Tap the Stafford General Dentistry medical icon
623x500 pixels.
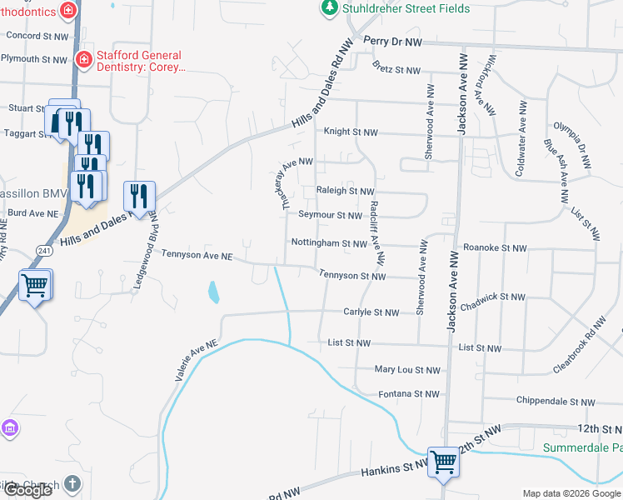[x=83, y=59]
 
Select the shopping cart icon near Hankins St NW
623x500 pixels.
[x=443, y=461]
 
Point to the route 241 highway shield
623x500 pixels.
[x=44, y=249]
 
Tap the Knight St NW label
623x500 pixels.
[x=351, y=132]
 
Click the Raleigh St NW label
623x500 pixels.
[x=345, y=191]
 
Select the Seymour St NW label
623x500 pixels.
[x=330, y=215]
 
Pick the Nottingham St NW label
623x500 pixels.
[x=329, y=243]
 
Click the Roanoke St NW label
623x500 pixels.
[x=495, y=248]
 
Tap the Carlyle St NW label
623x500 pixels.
[x=371, y=312]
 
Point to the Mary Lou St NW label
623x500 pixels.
[x=407, y=369]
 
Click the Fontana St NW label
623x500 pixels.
[x=408, y=393]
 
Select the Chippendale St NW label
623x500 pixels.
[x=556, y=402]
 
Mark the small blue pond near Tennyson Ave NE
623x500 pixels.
[x=214, y=292]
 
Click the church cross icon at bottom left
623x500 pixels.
[x=72, y=483]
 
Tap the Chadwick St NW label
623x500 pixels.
[x=493, y=297]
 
